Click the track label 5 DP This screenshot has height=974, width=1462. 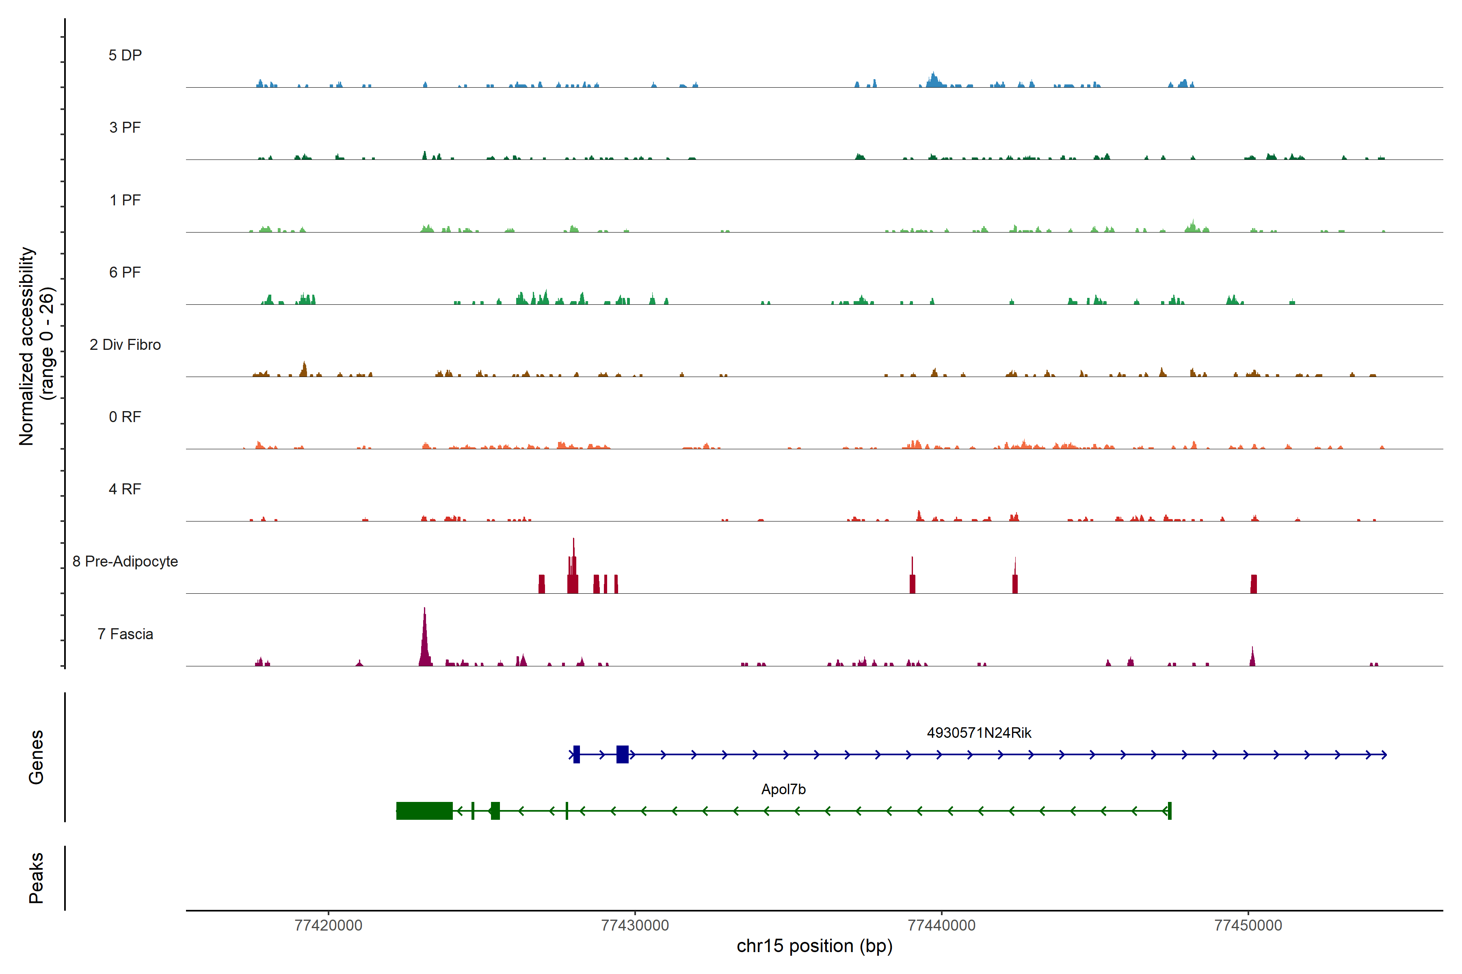coord(125,55)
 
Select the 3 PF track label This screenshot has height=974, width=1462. coord(125,127)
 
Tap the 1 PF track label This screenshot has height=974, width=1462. coord(125,200)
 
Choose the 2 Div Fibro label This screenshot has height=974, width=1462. coord(125,345)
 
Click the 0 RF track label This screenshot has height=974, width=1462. coord(125,417)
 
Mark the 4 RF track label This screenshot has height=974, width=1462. coord(125,489)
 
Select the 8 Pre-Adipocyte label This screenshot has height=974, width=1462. coord(125,562)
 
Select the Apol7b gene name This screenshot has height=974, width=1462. coord(783,789)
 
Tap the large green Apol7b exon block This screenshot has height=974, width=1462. coord(424,810)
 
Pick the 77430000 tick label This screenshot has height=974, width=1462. coord(635,926)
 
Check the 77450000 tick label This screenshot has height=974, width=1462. coord(1248,926)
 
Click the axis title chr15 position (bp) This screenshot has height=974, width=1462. coord(814,946)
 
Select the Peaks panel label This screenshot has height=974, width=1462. coord(36,878)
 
